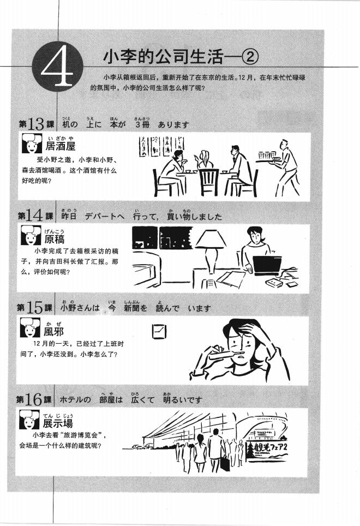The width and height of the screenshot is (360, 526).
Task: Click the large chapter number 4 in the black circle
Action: (57, 70)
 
